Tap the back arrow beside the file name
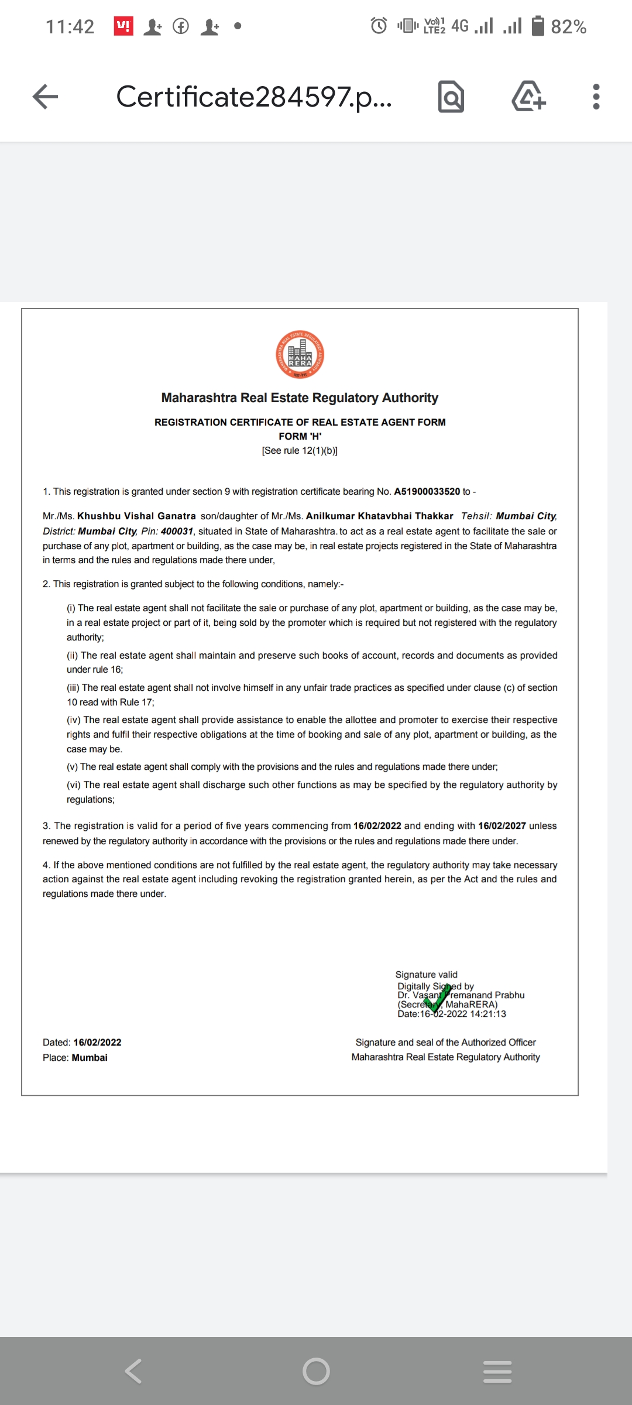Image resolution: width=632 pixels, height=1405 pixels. point(46,97)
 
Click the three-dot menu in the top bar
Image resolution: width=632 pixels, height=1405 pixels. point(596,97)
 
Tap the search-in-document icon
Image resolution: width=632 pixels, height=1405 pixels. point(451,97)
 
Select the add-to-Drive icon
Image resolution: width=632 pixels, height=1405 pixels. point(528,97)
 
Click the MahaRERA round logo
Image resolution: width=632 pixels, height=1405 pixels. point(300,355)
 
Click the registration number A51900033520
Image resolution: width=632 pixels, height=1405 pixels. point(427,492)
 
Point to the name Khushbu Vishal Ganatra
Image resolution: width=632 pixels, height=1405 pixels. point(136,516)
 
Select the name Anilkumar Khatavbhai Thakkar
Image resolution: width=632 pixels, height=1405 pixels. point(379,516)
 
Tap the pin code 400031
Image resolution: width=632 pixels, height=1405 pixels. point(177,532)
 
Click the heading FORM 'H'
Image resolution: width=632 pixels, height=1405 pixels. point(300,437)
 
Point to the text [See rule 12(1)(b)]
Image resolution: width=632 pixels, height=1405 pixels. point(300,451)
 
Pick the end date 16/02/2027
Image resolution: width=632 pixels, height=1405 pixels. point(502,826)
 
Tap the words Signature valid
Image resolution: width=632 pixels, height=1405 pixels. point(426,975)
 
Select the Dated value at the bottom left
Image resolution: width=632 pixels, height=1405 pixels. point(97,1043)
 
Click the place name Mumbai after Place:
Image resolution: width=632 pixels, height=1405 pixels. point(90,1058)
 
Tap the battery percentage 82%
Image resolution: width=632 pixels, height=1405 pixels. point(568,27)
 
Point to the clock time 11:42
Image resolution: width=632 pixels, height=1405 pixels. point(70,27)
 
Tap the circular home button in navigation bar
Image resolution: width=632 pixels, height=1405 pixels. point(316,1371)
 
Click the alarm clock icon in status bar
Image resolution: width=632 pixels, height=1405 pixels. point(379,26)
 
